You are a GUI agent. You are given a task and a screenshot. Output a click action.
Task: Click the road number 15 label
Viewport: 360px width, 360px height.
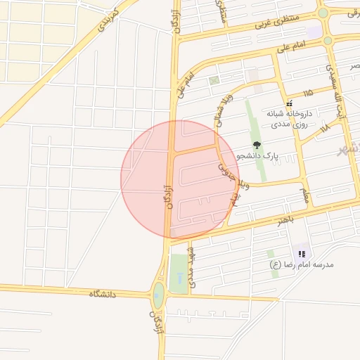[x=308, y=93]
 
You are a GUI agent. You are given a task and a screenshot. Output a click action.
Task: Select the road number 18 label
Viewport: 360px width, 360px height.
[x=323, y=129]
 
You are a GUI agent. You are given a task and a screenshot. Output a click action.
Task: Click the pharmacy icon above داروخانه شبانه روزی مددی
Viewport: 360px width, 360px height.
[x=288, y=103]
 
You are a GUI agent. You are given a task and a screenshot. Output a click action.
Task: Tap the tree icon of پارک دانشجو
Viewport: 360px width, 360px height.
[x=257, y=145]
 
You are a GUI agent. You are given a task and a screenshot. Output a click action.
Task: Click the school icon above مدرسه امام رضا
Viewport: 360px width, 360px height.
[x=302, y=254]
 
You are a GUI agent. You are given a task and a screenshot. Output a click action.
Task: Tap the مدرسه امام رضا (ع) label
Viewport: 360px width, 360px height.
[x=302, y=264]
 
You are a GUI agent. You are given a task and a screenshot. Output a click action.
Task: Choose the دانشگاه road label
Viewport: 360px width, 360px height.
[x=102, y=293]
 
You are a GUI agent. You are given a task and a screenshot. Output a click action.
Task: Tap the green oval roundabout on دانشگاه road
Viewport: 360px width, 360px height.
[x=159, y=295]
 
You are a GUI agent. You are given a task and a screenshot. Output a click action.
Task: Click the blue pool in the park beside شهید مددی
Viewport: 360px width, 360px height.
[x=179, y=279]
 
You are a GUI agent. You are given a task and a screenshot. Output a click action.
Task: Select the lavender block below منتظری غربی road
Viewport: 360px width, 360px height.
[x=314, y=32]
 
